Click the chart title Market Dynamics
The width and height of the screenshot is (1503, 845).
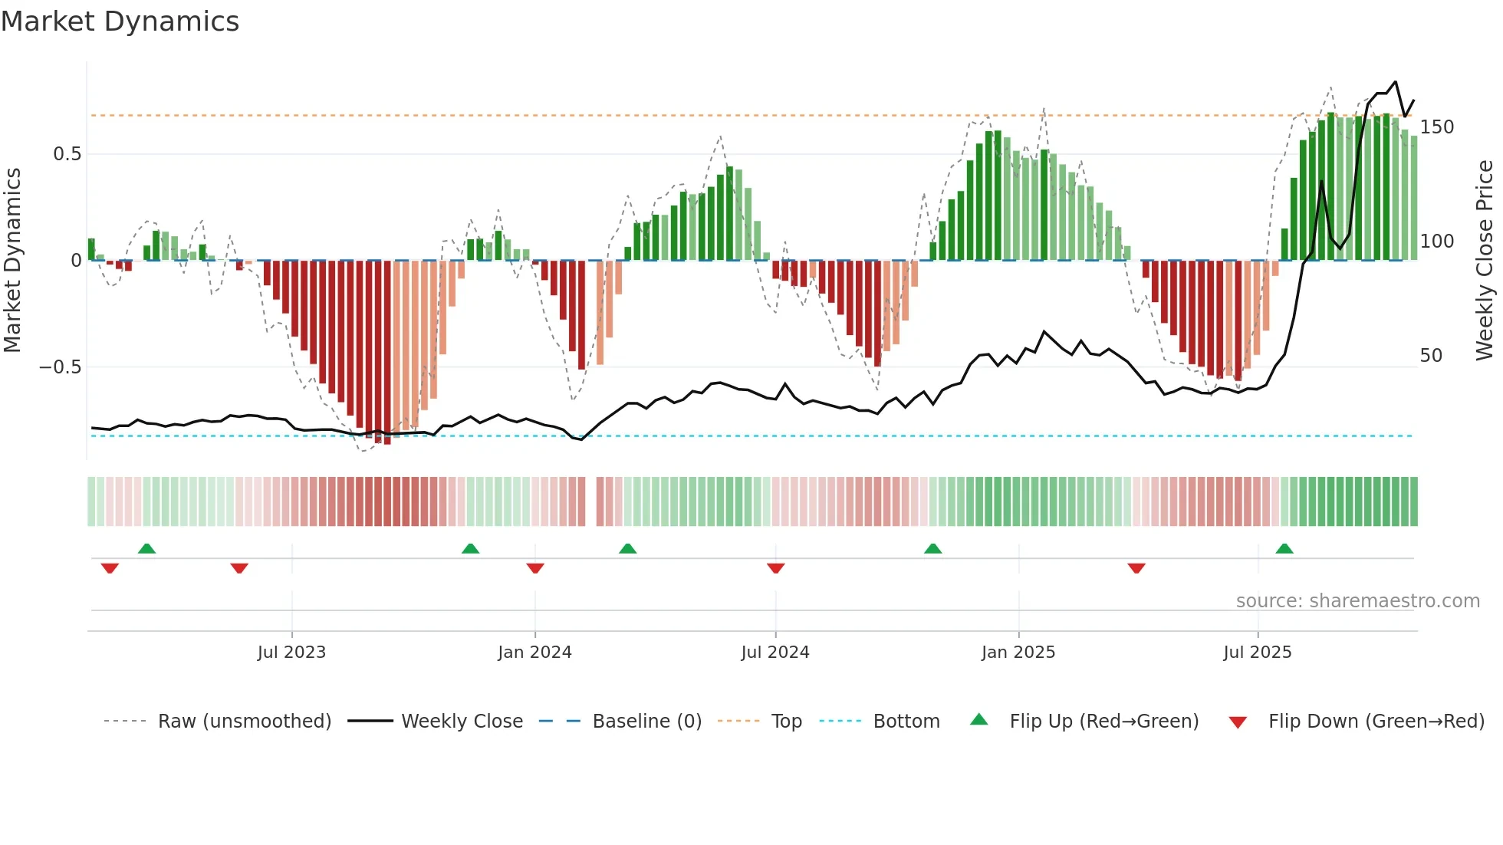click(120, 21)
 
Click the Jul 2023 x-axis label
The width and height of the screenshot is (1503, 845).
click(291, 653)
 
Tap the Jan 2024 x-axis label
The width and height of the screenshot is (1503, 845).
click(534, 653)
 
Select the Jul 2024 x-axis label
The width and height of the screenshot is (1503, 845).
click(775, 653)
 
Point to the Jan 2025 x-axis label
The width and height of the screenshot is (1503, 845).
click(1018, 653)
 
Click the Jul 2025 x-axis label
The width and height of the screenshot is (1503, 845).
click(1258, 653)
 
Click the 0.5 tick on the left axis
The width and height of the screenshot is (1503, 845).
click(67, 154)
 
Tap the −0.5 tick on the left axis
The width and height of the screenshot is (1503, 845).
click(61, 367)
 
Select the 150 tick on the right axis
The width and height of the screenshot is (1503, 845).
click(1436, 127)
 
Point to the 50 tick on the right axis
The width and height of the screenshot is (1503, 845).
click(1431, 356)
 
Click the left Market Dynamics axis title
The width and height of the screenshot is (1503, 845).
click(12, 261)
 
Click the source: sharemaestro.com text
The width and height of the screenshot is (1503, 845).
click(1357, 601)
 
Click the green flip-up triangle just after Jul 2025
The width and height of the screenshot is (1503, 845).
click(1284, 549)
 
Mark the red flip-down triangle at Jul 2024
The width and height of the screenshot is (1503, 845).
click(775, 568)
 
